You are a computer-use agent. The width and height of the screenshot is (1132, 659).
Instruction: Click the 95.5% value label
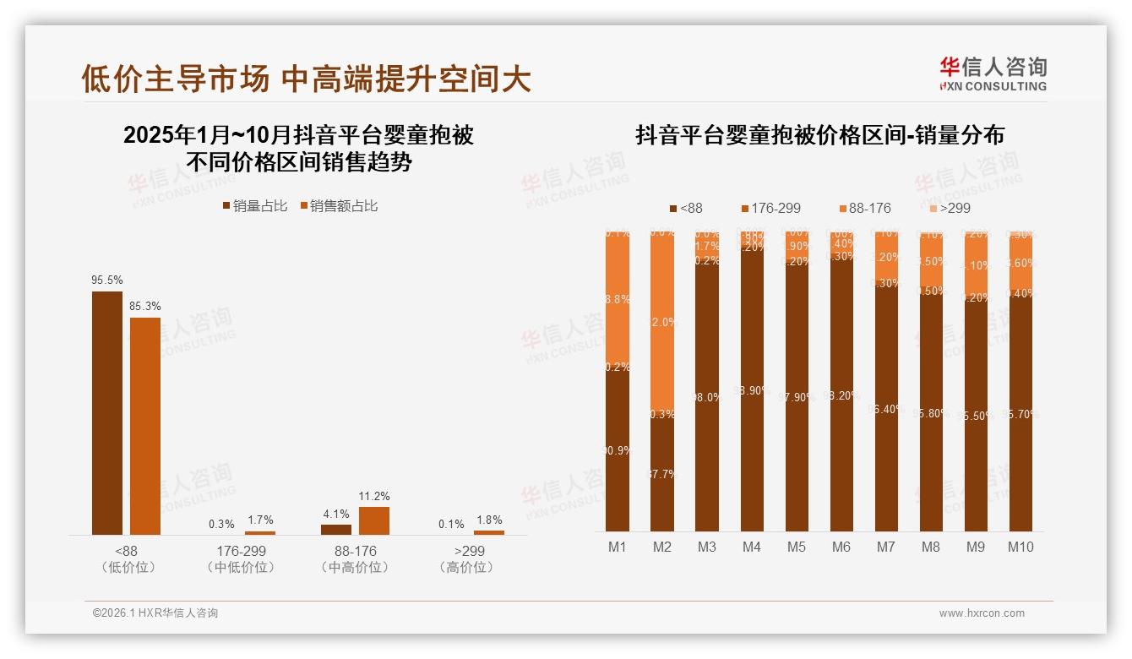tap(106, 280)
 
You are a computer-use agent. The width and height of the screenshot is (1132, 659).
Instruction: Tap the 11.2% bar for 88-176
tap(374, 520)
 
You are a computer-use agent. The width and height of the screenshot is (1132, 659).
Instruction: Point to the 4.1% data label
tap(336, 514)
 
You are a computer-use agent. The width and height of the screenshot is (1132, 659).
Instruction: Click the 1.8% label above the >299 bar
tap(489, 520)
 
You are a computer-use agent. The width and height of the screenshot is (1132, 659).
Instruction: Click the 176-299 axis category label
tap(241, 551)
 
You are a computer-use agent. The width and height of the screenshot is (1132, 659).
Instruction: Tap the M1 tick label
tap(618, 547)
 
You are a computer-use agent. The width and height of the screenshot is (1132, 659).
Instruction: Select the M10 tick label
tap(1020, 547)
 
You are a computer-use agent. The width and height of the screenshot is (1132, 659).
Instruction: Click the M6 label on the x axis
tap(841, 547)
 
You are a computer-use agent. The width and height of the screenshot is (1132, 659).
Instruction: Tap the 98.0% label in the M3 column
tap(707, 397)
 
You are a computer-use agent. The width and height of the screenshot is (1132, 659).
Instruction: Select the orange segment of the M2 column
tap(662, 321)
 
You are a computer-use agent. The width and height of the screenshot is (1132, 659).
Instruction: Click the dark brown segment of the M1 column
tap(618, 448)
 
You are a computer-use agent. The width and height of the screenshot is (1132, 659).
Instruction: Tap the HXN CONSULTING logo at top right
tap(993, 74)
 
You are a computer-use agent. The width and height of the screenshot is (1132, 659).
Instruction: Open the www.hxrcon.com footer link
tap(982, 613)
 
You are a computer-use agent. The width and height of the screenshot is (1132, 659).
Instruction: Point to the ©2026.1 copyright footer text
tap(155, 613)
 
